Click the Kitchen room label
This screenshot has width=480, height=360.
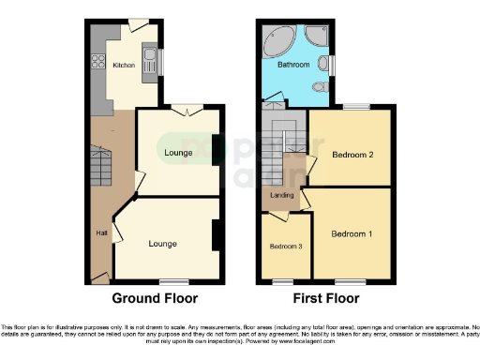click(124, 66)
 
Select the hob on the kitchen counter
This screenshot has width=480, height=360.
click(97, 63)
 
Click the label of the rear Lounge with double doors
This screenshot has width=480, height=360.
click(178, 153)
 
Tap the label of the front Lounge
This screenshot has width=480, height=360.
click(162, 244)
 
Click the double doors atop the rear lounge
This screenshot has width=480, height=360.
click(191, 111)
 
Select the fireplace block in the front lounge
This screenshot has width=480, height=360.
click(216, 235)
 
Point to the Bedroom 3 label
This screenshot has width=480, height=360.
click(285, 247)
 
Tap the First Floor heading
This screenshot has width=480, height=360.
click(327, 299)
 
